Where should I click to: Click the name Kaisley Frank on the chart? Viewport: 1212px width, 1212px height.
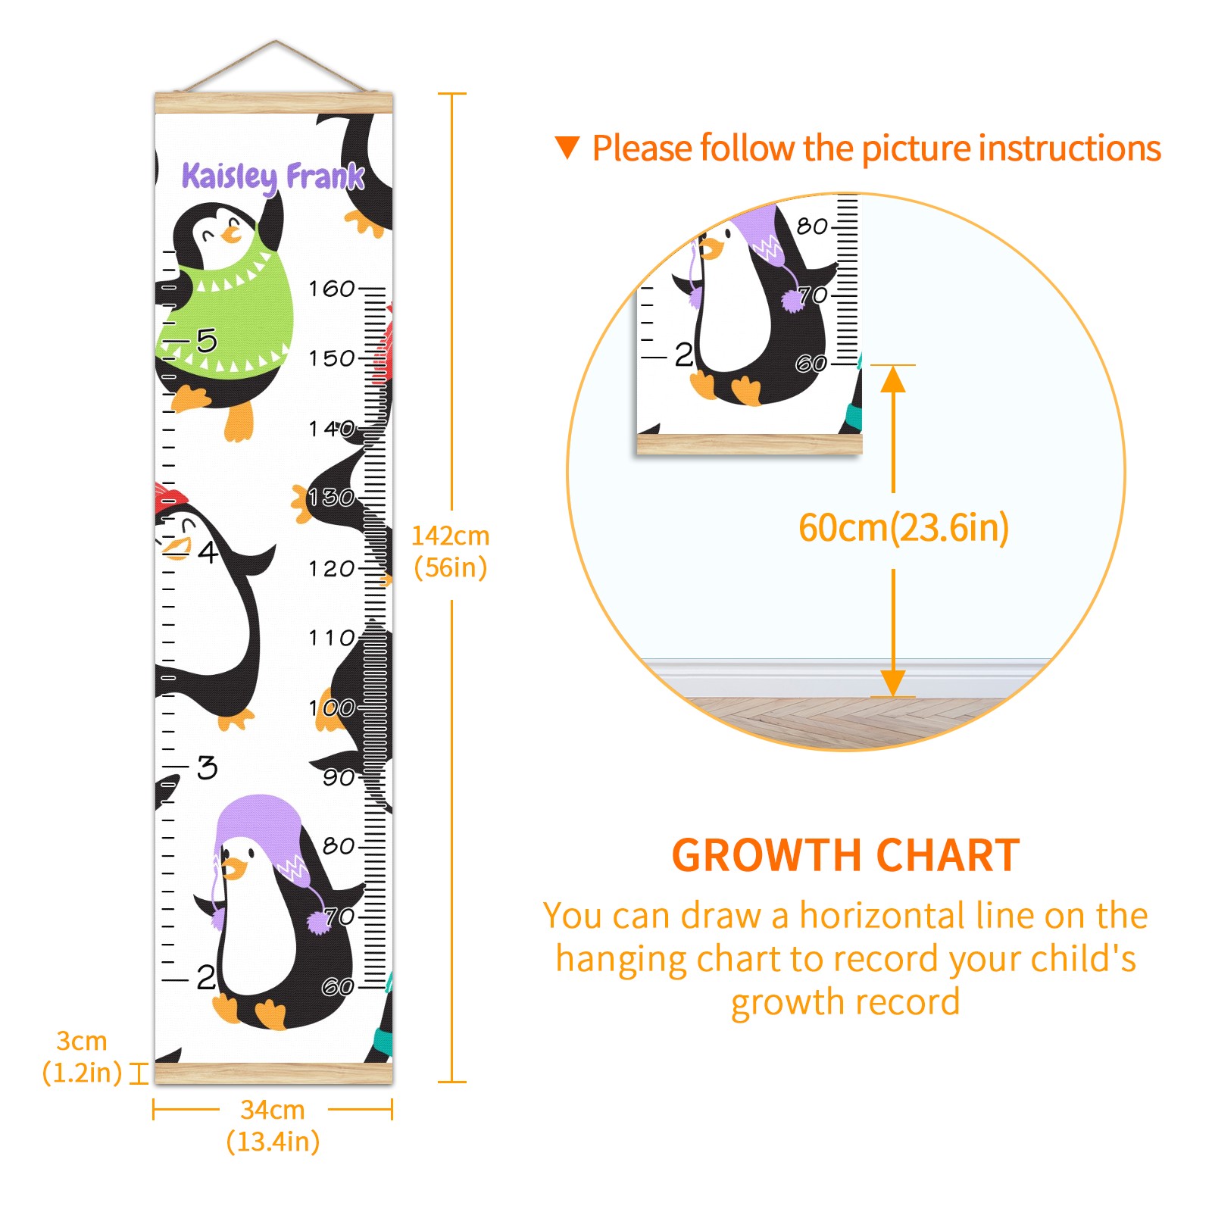273,177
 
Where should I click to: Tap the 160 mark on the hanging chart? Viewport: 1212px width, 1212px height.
331,289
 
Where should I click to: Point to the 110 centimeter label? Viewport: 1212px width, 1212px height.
331,638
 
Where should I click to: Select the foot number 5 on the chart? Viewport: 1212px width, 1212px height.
207,340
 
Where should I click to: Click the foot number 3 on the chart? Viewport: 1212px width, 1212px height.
207,767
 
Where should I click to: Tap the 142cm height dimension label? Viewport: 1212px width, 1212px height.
451,551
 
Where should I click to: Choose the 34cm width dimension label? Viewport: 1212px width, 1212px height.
273,1126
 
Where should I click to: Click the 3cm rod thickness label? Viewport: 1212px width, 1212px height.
82,1057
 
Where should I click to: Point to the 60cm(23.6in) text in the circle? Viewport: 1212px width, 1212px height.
904,527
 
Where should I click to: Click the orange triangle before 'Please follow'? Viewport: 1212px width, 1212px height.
567,147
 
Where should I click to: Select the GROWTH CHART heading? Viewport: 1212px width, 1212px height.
846,855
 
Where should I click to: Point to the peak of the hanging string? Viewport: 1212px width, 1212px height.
275,41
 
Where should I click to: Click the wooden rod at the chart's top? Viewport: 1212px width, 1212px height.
273,103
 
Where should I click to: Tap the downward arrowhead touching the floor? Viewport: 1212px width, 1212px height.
893,683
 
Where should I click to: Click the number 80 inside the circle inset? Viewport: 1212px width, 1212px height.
812,226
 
